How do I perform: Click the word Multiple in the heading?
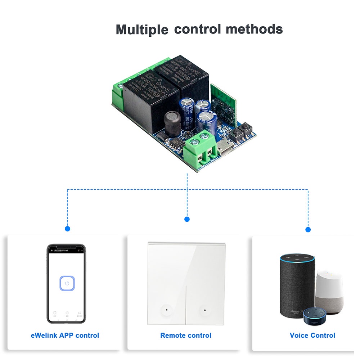pyautogui.click(x=142, y=30)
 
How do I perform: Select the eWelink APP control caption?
pyautogui.click(x=65, y=335)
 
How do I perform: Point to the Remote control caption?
pyautogui.click(x=186, y=335)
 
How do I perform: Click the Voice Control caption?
pyautogui.click(x=312, y=335)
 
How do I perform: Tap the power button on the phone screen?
pyautogui.click(x=67, y=283)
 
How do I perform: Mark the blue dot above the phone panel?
pyautogui.click(x=67, y=229)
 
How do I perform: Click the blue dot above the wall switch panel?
pyautogui.click(x=187, y=219)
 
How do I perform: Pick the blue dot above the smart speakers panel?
pyautogui.click(x=308, y=229)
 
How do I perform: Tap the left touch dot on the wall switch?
pyautogui.click(x=167, y=309)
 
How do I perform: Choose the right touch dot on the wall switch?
pyautogui.click(x=204, y=309)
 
